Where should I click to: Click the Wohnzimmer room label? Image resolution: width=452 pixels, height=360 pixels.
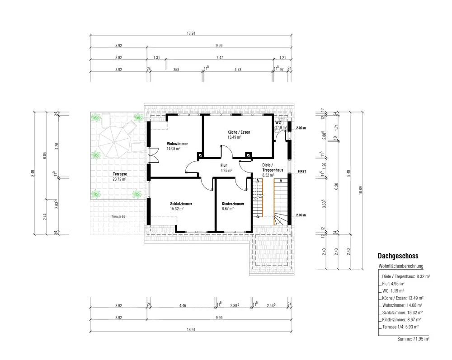pos(177,144)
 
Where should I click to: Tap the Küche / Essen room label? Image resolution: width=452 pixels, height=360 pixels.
pos(239,132)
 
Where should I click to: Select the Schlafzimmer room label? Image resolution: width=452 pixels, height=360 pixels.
pos(181,204)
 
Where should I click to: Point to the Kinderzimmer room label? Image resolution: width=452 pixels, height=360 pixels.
pos(233,204)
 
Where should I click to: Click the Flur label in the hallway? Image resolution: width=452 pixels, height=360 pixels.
pos(224,165)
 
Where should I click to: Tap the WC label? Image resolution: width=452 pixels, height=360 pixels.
pos(278,122)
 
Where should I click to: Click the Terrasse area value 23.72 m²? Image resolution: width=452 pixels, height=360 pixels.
pos(119,179)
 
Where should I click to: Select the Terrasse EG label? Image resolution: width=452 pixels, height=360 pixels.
pos(118,216)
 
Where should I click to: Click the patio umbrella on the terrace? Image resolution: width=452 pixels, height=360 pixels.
pos(114,142)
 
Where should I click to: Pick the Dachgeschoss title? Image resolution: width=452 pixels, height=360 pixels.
pos(398,256)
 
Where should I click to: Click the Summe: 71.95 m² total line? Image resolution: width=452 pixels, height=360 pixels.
pos(413,339)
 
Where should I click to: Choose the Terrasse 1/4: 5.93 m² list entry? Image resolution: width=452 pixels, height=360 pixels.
pos(400,327)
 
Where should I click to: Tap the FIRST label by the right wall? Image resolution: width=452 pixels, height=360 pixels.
pos(302,171)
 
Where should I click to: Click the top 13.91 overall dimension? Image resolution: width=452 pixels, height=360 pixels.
pos(191,33)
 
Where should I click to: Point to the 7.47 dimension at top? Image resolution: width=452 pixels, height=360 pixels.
pos(220,58)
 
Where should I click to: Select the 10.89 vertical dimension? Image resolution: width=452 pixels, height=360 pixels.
pos(361,190)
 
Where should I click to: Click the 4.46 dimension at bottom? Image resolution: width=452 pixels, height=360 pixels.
pos(183,305)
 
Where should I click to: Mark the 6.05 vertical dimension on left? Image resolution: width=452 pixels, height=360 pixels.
pos(45,156)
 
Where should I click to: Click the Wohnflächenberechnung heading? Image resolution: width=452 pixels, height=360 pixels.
pos(400,266)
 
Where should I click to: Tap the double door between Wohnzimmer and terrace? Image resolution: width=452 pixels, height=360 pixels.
pos(153,155)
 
